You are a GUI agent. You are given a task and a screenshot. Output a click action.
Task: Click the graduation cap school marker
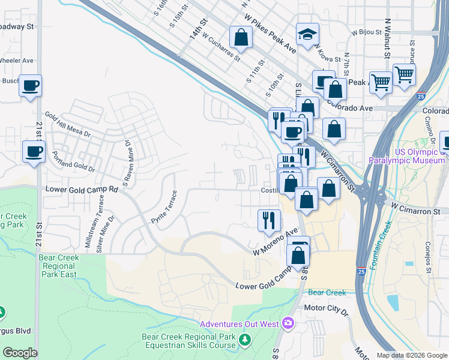click(307, 35)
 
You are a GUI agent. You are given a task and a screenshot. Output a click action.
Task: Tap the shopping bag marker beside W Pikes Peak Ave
click(241, 37)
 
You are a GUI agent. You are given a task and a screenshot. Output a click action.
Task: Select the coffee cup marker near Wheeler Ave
click(29, 85)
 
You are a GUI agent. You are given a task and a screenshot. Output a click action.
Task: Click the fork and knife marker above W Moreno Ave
click(268, 220)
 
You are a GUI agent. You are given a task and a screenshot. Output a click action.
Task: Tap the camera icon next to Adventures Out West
click(288, 324)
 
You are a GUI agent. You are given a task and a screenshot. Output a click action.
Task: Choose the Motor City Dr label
click(326, 311)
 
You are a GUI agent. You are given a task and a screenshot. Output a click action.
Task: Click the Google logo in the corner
click(19, 353)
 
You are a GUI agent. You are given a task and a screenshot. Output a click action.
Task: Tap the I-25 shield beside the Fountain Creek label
click(361, 271)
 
